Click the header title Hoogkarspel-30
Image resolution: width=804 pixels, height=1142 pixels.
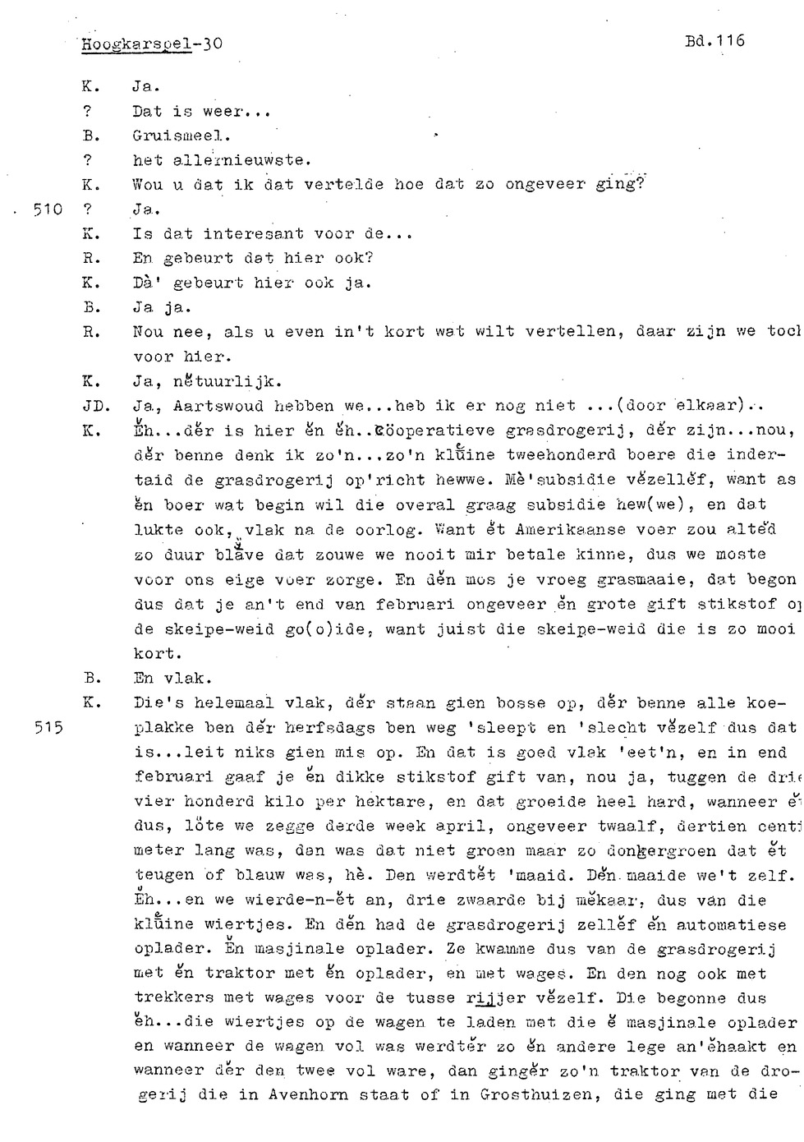[151, 44]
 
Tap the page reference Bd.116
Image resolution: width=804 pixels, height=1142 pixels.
[713, 39]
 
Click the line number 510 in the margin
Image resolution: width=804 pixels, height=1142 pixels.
[48, 209]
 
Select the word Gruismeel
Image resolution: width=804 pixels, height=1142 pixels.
[181, 135]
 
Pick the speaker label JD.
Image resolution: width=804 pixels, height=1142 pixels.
[91, 405]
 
